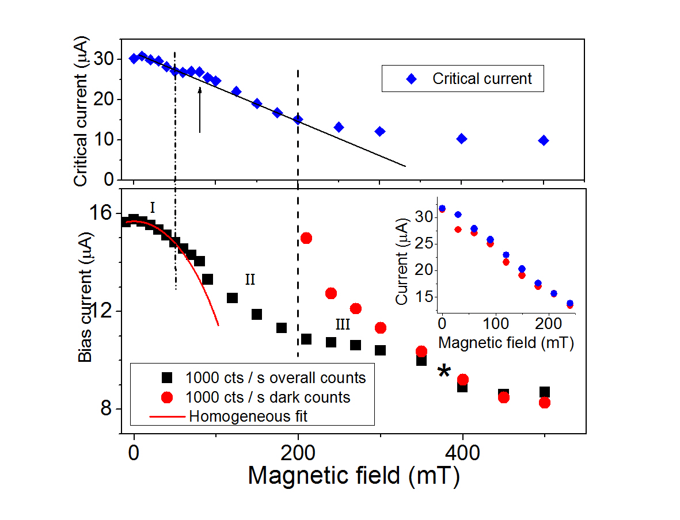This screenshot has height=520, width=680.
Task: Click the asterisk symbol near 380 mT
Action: pyautogui.click(x=444, y=372)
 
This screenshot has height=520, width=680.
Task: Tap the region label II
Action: pyautogui.click(x=250, y=280)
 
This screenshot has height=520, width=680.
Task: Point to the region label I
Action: pyautogui.click(x=153, y=208)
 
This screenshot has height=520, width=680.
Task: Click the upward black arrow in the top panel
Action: pyautogui.click(x=200, y=109)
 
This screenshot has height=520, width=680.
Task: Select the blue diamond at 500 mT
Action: pyautogui.click(x=544, y=140)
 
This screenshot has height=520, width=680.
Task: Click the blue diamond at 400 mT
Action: pyautogui.click(x=462, y=139)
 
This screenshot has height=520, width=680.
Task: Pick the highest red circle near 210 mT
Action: pyautogui.click(x=306, y=238)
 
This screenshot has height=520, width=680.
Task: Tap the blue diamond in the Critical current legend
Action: pyautogui.click(x=411, y=79)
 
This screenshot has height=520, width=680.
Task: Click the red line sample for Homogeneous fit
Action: pyautogui.click(x=168, y=415)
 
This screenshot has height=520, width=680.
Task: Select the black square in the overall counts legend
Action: pyautogui.click(x=167, y=377)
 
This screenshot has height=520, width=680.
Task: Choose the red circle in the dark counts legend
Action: pyautogui.click(x=167, y=396)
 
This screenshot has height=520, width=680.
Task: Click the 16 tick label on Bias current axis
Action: pyautogui.click(x=102, y=213)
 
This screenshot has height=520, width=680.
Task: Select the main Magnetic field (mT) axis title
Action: pyautogui.click(x=354, y=476)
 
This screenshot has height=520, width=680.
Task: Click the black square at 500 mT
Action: pyautogui.click(x=544, y=392)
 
